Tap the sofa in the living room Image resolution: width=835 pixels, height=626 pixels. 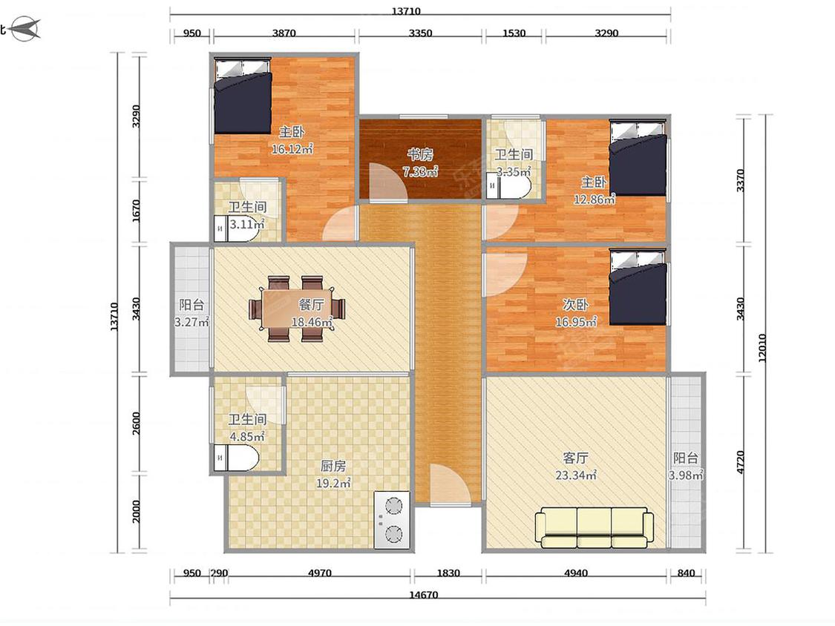(x=595, y=527)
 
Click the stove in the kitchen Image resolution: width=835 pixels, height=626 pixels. (x=392, y=519)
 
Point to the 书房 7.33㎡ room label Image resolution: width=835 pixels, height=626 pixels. (x=420, y=163)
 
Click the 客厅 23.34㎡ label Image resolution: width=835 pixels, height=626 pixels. (x=576, y=467)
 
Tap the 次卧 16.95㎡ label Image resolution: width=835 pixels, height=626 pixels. (x=576, y=313)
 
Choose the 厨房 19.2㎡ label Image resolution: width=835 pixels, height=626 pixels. (x=333, y=474)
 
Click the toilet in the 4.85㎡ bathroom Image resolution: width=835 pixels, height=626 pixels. (x=237, y=458)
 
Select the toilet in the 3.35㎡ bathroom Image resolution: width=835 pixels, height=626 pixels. (x=509, y=187)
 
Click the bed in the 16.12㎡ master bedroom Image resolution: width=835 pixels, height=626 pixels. (x=243, y=96)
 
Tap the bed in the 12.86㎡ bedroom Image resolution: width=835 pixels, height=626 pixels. (x=638, y=158)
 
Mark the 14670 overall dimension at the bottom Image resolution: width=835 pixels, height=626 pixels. (x=423, y=595)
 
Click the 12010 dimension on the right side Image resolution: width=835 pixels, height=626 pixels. (x=762, y=348)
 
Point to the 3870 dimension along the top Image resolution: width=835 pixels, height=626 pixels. (x=284, y=33)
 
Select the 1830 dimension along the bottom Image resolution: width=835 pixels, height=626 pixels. (x=448, y=573)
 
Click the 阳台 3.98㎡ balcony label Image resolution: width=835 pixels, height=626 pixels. (x=686, y=467)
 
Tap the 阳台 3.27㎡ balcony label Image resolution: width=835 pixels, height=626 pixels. (x=191, y=313)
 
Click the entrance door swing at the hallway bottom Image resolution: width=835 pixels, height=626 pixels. (x=450, y=484)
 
